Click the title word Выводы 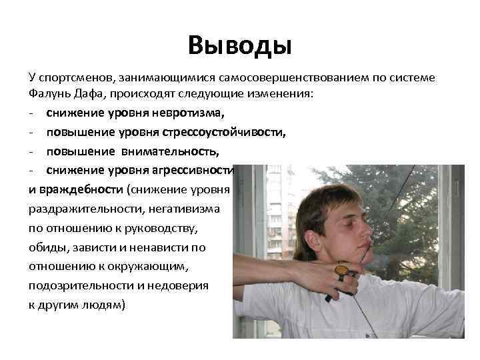(240, 45)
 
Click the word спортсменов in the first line (71, 77)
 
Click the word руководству (155, 228)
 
